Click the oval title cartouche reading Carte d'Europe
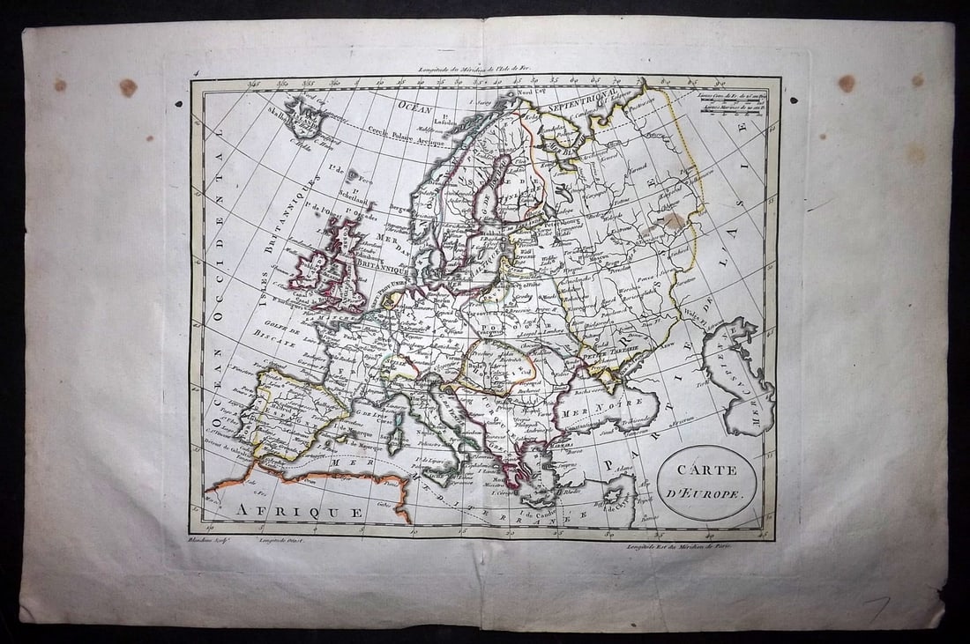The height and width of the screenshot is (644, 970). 706,482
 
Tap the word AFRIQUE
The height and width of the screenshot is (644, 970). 299,511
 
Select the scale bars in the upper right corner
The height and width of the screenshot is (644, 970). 732,104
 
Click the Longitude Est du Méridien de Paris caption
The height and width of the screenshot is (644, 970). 681,546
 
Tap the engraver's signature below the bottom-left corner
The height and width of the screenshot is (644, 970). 208,540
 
